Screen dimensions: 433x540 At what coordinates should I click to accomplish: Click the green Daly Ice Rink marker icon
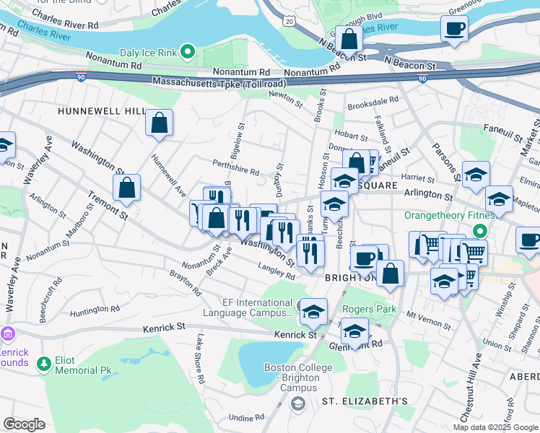pyautogui.click(x=188, y=51)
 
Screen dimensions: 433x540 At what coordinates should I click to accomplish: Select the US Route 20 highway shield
pyautogui.click(x=289, y=23)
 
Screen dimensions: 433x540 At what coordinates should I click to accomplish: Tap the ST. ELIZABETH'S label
pyautogui.click(x=365, y=401)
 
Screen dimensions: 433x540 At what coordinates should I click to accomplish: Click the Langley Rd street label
pyautogui.click(x=277, y=271)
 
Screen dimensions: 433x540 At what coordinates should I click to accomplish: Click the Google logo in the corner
pyautogui.click(x=25, y=424)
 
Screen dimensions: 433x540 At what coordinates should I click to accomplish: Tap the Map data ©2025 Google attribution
pyautogui.click(x=495, y=427)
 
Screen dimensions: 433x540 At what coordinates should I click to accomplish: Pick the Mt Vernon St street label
pyautogui.click(x=423, y=315)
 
